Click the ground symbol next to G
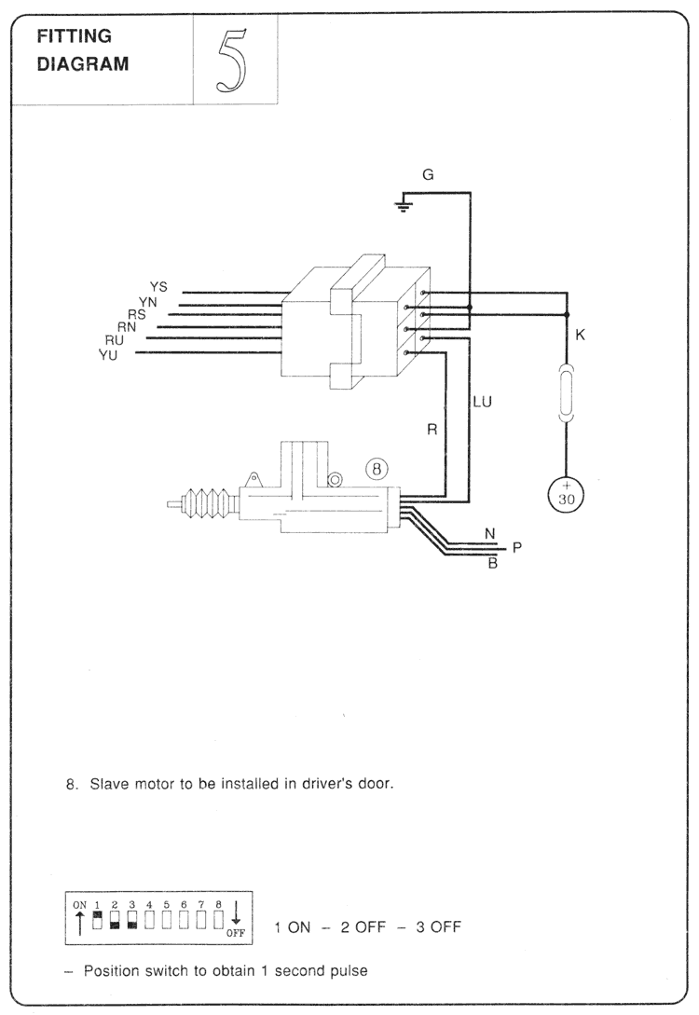[x=403, y=204]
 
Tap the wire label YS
[x=158, y=286]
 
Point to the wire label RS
[x=136, y=314]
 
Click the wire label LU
[x=482, y=402]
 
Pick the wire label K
[x=581, y=335]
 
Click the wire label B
[x=492, y=563]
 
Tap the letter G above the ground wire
[x=428, y=174]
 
